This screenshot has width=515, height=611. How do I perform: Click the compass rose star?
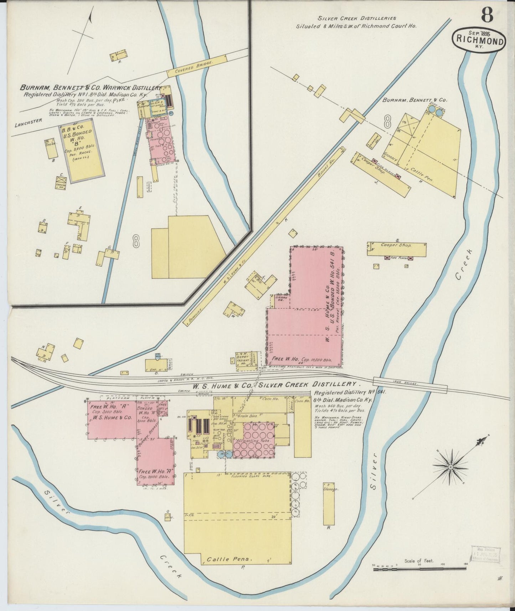tap(450, 467)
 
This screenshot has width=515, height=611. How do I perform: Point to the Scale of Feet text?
tap(419, 561)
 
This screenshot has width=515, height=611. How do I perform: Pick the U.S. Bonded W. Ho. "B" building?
tap(82, 150)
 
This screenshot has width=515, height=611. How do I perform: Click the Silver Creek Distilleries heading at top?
tap(356, 18)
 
